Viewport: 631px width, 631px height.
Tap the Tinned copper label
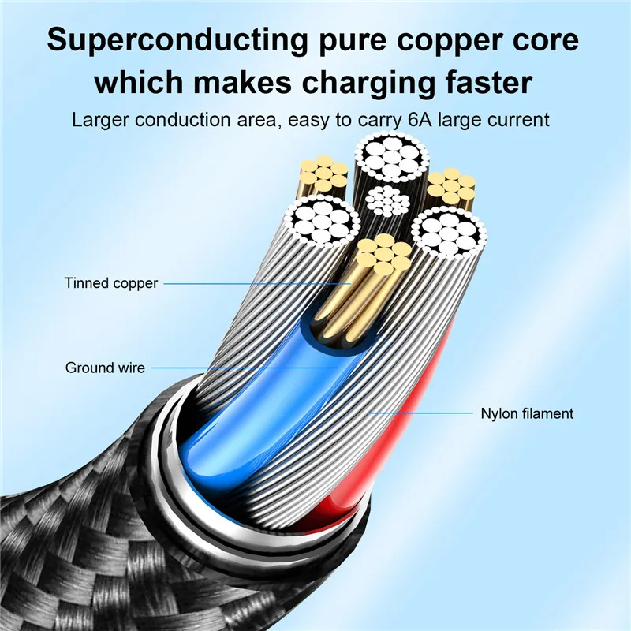pos(111,283)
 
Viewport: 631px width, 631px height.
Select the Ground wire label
pos(105,368)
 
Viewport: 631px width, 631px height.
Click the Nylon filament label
pos(527,413)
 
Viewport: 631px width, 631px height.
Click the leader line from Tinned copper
pos(257,284)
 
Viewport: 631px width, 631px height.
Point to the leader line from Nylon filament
pos(421,413)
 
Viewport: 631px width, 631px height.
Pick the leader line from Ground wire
pos(244,368)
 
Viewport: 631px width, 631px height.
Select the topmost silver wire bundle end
pos(391,156)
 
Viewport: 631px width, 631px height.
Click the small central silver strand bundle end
pos(388,201)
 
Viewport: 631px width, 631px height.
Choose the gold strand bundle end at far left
pos(324,174)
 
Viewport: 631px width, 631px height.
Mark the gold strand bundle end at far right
pos(450,185)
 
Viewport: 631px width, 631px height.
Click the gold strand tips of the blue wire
pos(384,254)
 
